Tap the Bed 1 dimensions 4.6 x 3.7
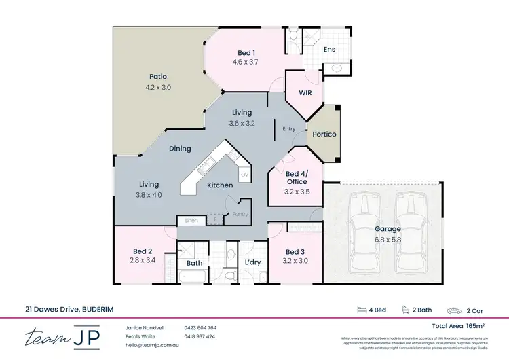point(246,62)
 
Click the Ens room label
point(329,50)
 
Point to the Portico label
point(324,134)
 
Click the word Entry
point(289,128)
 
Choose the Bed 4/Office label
point(297,177)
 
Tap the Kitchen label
point(220,185)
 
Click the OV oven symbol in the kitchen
point(244,175)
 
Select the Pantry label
point(240,214)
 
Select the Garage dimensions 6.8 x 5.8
point(388,239)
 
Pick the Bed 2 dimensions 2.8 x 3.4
point(143,259)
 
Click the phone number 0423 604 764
point(200,328)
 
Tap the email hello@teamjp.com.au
point(151,344)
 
